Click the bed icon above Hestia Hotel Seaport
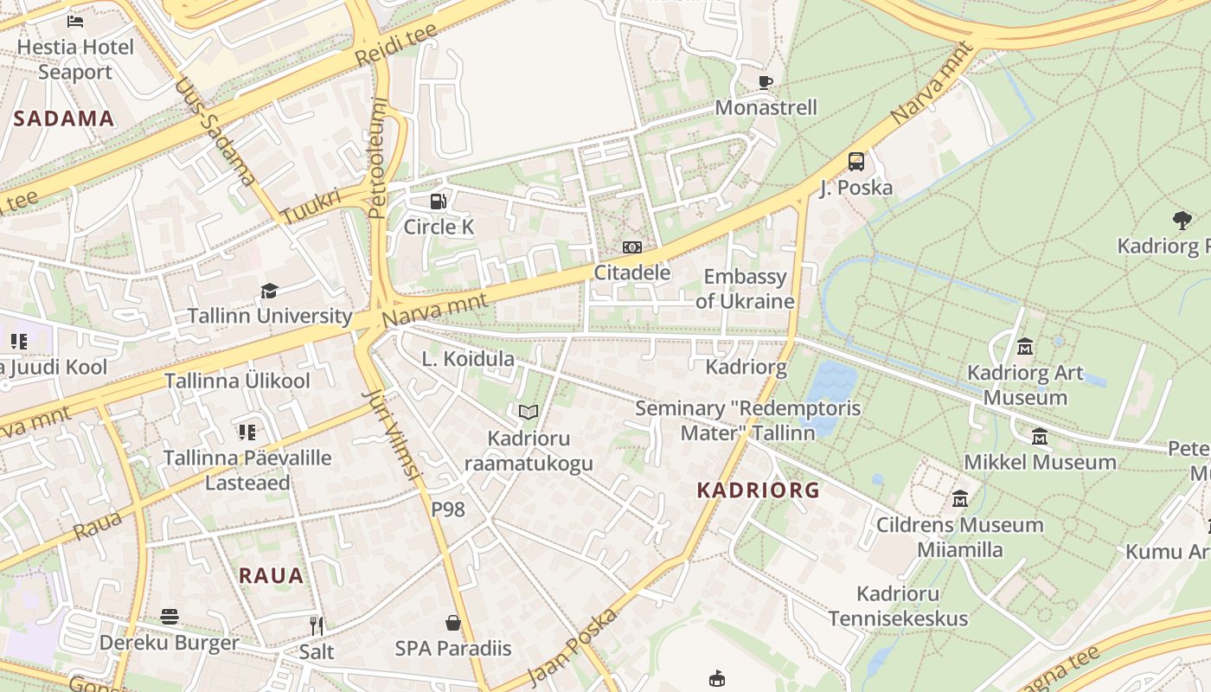pos(75,20)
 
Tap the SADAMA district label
pos(64,119)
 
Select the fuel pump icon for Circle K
pos(439,202)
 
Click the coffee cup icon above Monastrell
pos(765,82)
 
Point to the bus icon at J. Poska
pos(855,162)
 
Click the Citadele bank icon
pos(632,247)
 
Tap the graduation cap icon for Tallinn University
pos(270,291)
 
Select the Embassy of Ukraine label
pos(745,289)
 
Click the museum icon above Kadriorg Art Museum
pos(1025,347)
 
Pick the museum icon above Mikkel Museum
pos(1040,437)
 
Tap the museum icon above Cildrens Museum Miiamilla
pos(960,499)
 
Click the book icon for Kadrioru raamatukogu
pos(529,413)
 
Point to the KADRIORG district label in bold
pos(758,490)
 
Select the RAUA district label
pos(271,575)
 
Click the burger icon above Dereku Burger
pos(170,617)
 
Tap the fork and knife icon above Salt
pos(317,625)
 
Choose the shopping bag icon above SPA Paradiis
pos(452,623)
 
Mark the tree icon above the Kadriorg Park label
pos(1182,221)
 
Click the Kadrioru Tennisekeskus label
pos(898,605)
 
